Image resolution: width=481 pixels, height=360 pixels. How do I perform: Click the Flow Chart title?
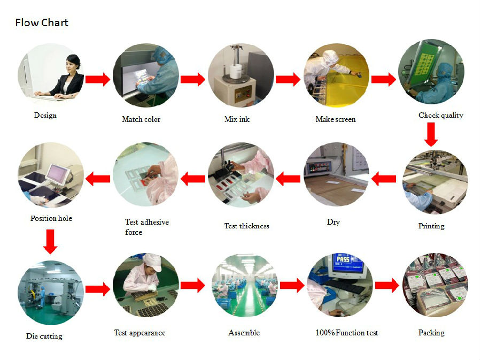(42, 22)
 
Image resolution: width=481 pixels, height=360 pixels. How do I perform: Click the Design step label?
(45, 115)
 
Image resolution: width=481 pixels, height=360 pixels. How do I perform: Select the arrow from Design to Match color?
(98, 80)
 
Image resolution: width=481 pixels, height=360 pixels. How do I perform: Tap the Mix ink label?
(237, 119)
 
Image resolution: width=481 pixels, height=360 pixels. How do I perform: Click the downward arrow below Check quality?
(431, 134)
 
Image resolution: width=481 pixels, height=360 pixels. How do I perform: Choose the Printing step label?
(431, 226)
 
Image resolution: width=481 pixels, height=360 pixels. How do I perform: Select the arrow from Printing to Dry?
(384, 178)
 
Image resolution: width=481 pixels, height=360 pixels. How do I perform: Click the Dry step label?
(333, 222)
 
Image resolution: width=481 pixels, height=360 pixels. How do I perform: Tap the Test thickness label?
(246, 226)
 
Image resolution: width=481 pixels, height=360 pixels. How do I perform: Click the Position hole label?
(51, 218)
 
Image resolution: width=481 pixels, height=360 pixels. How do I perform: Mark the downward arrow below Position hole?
(50, 241)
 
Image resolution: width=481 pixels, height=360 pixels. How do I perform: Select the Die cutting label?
(44, 336)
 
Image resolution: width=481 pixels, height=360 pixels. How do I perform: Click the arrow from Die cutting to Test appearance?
(98, 289)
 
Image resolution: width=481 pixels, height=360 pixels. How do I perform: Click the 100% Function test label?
(347, 333)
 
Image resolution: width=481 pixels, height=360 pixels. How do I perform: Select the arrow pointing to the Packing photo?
(387, 286)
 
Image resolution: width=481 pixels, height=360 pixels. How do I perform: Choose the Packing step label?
(431, 333)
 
